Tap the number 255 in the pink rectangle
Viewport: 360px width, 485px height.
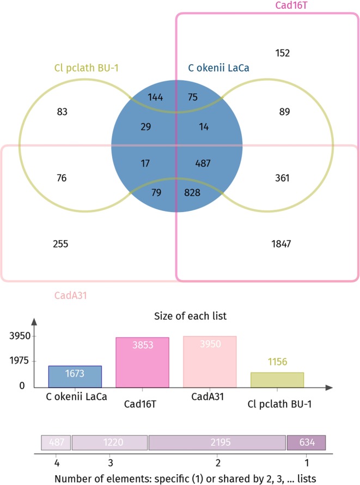[60, 244]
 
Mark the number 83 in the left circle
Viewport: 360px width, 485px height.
[61, 112]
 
